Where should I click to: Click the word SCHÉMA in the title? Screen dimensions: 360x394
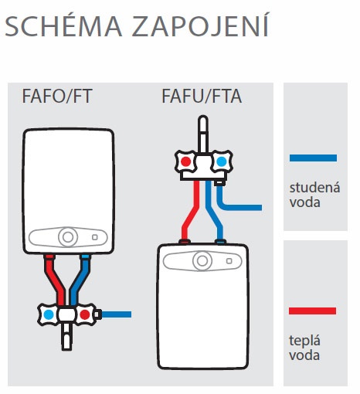click(63, 25)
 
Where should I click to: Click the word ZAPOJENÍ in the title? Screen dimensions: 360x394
click(201, 25)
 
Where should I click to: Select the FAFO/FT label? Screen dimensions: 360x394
click(57, 97)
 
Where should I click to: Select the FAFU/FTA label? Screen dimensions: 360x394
click(202, 97)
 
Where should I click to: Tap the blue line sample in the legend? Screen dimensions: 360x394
click(313, 158)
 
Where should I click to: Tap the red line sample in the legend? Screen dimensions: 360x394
click(312, 311)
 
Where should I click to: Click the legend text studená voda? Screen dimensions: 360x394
click(314, 195)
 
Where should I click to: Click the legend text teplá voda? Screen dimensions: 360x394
click(304, 348)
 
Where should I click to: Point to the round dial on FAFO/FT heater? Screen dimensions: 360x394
click(68, 237)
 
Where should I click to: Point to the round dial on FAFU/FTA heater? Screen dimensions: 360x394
click(202, 260)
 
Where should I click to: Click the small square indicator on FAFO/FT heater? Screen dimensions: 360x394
click(95, 237)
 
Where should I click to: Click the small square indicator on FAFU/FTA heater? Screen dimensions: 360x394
click(229, 261)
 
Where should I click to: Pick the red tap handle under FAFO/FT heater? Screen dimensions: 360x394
click(85, 314)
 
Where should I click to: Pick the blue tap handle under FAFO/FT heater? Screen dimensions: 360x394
click(49, 314)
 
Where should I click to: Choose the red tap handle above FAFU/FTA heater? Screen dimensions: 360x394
click(185, 161)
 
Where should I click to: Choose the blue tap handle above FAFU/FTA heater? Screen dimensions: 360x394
click(222, 161)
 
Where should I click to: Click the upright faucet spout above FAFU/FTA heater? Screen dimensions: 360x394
click(203, 135)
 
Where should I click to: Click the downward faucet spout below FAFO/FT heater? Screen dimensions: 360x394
click(66, 337)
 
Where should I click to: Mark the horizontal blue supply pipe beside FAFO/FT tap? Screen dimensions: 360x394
click(117, 314)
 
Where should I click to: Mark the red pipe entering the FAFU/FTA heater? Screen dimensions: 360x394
click(190, 211)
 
